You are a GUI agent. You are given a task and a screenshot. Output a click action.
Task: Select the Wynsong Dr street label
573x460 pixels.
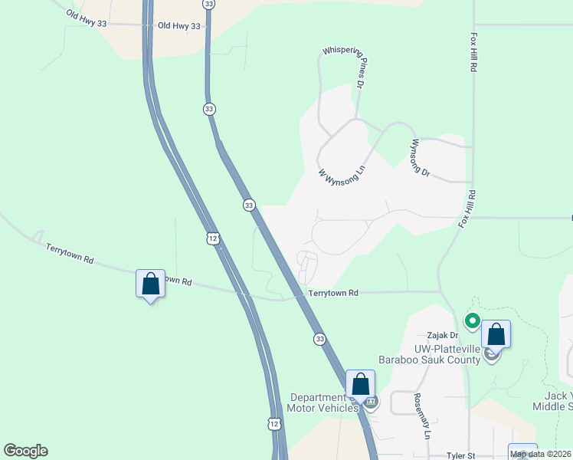click(421, 158)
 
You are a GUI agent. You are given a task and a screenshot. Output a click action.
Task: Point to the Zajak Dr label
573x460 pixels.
click(442, 335)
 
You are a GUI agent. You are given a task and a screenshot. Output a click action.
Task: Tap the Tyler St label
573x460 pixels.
click(461, 455)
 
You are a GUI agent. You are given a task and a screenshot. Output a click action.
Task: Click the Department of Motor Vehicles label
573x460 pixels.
click(324, 402)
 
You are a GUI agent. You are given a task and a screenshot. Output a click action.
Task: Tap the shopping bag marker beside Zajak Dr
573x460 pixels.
click(496, 334)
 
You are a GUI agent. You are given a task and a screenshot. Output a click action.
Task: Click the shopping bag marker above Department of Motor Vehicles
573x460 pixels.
click(360, 384)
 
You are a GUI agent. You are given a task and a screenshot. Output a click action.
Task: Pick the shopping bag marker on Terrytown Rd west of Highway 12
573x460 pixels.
click(150, 284)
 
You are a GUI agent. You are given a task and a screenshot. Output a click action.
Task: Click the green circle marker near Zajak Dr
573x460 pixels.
click(473, 320)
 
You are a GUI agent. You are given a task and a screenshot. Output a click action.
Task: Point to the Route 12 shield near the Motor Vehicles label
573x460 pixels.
click(274, 423)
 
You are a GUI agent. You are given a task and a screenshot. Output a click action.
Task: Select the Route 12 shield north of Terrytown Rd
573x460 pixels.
click(212, 238)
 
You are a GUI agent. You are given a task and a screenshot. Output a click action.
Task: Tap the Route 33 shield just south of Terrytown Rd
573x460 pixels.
click(319, 338)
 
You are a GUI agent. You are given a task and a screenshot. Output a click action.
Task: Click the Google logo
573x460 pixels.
click(25, 451)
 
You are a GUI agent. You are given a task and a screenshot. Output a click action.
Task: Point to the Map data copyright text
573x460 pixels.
click(541, 454)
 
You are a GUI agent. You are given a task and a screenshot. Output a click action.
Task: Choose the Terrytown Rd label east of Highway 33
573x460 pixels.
click(333, 293)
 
